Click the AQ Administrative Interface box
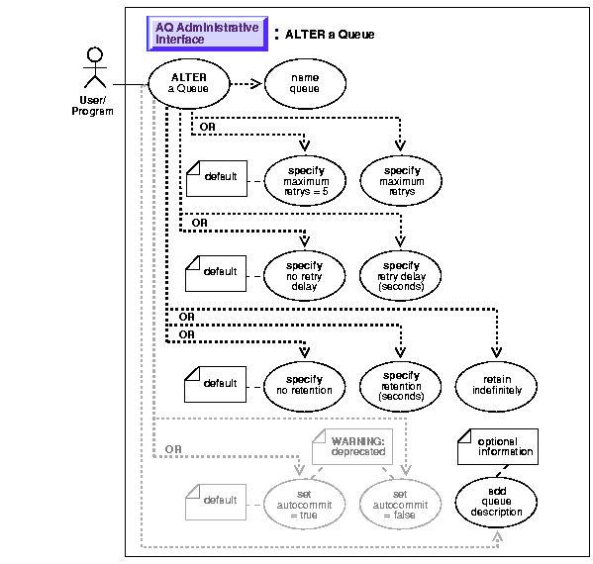coord(207,34)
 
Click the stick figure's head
coord(95,54)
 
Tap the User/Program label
coord(93,106)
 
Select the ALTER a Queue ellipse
coord(189,83)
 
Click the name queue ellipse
coord(305,83)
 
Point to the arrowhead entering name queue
coord(256,83)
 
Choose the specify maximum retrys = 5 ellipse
coord(305,181)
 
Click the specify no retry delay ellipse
coord(304,276)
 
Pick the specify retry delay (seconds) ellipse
coord(401,276)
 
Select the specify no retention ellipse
coord(304,386)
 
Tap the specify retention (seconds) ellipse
coord(401,386)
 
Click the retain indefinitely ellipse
coord(496,386)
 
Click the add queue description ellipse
coord(496,502)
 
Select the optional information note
coord(498,447)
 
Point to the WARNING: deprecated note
coord(352,447)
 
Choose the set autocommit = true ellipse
coord(304,505)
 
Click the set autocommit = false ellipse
coord(401,505)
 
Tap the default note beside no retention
coord(215,384)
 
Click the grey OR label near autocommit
coord(173,449)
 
